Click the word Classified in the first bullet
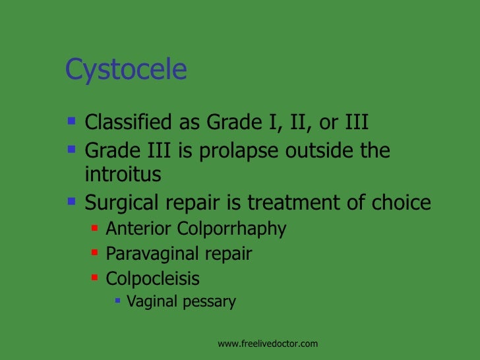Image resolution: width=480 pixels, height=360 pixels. click(x=127, y=123)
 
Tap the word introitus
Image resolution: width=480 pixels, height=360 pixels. click(x=123, y=175)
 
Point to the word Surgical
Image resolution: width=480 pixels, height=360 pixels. click(x=119, y=202)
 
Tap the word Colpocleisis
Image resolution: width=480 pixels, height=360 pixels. click(x=152, y=278)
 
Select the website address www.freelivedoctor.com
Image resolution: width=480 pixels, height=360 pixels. click(x=268, y=344)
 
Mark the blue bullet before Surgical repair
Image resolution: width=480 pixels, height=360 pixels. click(x=72, y=201)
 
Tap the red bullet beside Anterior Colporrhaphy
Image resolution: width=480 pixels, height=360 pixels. click(x=94, y=228)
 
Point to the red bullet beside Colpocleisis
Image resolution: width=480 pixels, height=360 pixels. click(x=94, y=278)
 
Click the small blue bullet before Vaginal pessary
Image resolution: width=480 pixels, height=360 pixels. click(x=117, y=301)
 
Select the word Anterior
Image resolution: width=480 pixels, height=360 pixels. click(x=139, y=229)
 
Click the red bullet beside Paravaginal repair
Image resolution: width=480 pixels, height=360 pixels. click(x=94, y=253)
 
